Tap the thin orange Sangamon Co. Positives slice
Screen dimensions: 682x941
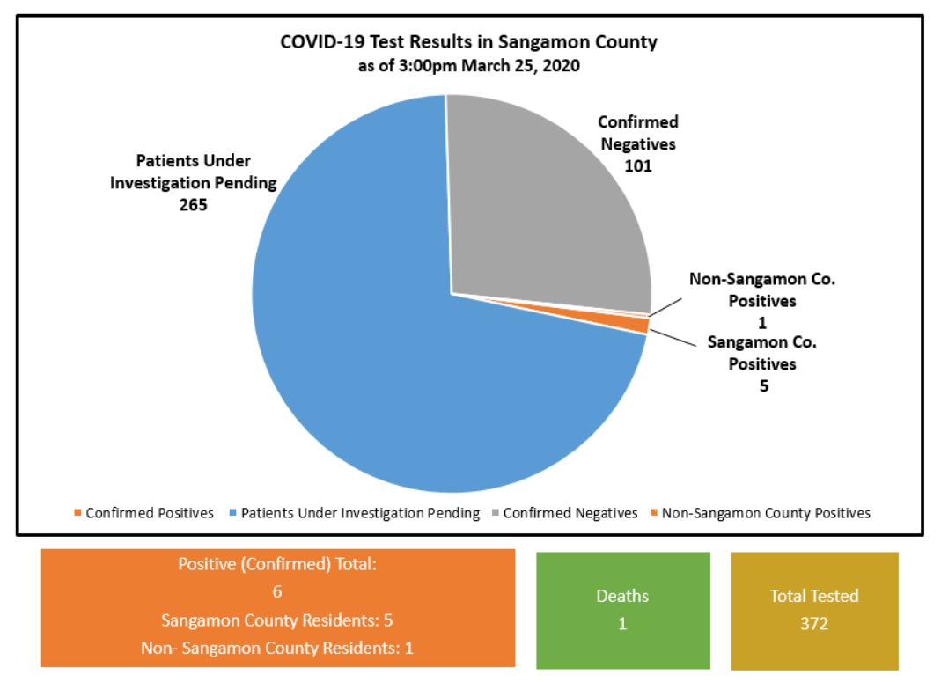tap(638, 325)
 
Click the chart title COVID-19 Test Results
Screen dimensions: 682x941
tap(468, 42)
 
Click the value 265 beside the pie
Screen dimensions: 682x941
tap(192, 206)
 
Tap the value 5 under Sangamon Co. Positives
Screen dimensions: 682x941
tap(764, 385)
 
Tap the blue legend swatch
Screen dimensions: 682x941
tap(233, 513)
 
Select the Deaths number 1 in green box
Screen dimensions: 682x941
tap(622, 624)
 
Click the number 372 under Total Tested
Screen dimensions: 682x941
tap(814, 624)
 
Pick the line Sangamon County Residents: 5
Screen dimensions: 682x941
tap(277, 620)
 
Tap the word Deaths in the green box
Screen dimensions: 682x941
tap(622, 596)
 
